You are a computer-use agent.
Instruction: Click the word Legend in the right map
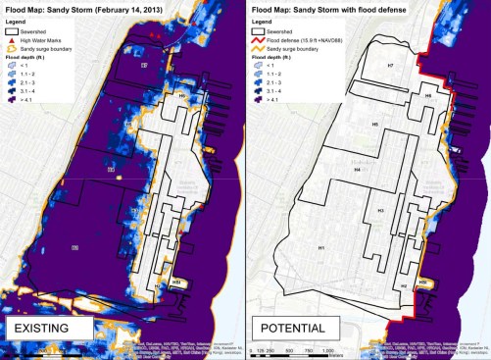(262, 19)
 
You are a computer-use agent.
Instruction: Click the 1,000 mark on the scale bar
(327, 350)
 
